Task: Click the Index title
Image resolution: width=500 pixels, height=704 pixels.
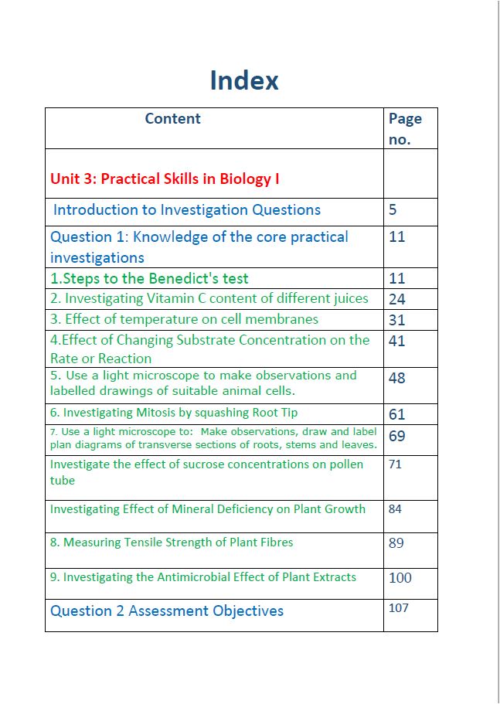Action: (x=244, y=80)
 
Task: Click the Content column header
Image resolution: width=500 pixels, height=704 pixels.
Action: (x=172, y=118)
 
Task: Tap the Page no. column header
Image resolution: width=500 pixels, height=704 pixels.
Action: (x=405, y=128)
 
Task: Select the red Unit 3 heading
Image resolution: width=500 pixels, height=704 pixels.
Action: (x=165, y=179)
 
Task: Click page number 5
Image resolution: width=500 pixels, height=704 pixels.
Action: (x=393, y=209)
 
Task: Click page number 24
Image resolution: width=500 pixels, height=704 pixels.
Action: (x=396, y=299)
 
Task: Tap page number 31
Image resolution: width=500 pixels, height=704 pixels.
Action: (x=396, y=320)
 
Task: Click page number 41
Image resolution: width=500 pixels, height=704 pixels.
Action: (x=396, y=341)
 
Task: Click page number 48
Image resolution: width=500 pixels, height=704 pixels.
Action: (x=396, y=378)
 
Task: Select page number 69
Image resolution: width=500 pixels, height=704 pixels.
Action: (x=396, y=436)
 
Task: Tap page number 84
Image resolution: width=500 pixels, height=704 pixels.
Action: (x=395, y=508)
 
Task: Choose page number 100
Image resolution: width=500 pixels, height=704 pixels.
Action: (x=400, y=577)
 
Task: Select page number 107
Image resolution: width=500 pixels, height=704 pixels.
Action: (x=398, y=608)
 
